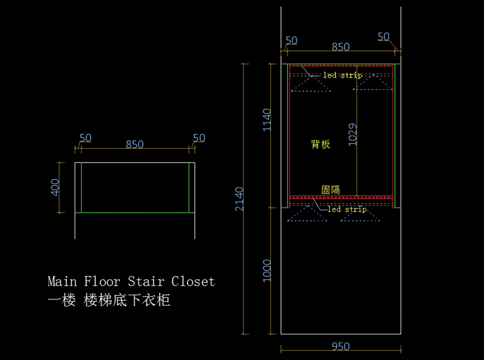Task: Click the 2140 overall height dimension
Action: tap(240, 198)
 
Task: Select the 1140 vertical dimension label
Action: tap(267, 119)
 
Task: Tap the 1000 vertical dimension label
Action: tap(267, 271)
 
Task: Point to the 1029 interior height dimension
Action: tap(353, 134)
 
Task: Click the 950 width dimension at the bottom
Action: tap(341, 346)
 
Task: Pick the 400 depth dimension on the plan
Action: tap(55, 187)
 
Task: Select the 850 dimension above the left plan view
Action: tap(135, 144)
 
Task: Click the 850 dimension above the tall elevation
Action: tap(341, 47)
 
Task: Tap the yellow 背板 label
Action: tap(321, 144)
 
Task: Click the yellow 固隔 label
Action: tap(330, 190)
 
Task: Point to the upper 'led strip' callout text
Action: tap(342, 75)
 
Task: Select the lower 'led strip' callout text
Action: tap(347, 209)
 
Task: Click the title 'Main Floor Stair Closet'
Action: tap(131, 281)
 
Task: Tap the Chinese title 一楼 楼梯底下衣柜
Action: tap(109, 300)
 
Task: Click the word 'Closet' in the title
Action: tap(193, 281)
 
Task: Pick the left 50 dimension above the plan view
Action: tap(85, 138)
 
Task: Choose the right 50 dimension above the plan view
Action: tap(199, 138)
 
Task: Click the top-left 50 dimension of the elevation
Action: tap(291, 41)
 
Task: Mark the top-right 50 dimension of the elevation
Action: tap(384, 37)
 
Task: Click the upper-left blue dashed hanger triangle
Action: tap(311, 84)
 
